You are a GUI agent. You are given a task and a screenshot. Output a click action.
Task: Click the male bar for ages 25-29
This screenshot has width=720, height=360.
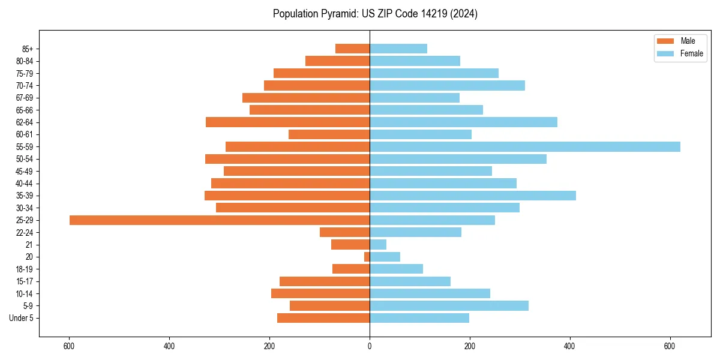220,220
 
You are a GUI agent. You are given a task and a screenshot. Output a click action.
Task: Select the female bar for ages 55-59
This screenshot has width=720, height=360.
525,147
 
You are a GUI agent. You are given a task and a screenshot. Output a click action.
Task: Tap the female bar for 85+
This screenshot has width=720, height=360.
398,49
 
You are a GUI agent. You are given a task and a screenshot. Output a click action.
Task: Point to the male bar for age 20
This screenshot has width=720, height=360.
367,257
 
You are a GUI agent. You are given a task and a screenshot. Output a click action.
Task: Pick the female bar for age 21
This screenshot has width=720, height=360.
378,245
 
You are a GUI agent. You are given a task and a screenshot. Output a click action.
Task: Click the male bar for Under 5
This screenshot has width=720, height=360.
323,318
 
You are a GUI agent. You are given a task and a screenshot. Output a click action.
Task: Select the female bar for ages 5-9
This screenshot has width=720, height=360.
449,306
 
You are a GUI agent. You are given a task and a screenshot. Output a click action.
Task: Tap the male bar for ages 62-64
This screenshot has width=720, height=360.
287,122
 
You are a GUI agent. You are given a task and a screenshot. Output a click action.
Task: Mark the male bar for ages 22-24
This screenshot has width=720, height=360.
344,232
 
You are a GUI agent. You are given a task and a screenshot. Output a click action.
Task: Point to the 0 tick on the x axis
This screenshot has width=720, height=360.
370,347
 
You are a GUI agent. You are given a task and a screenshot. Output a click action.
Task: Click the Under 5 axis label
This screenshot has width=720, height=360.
22,318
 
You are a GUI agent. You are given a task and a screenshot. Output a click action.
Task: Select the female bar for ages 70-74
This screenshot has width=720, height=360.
447,86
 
